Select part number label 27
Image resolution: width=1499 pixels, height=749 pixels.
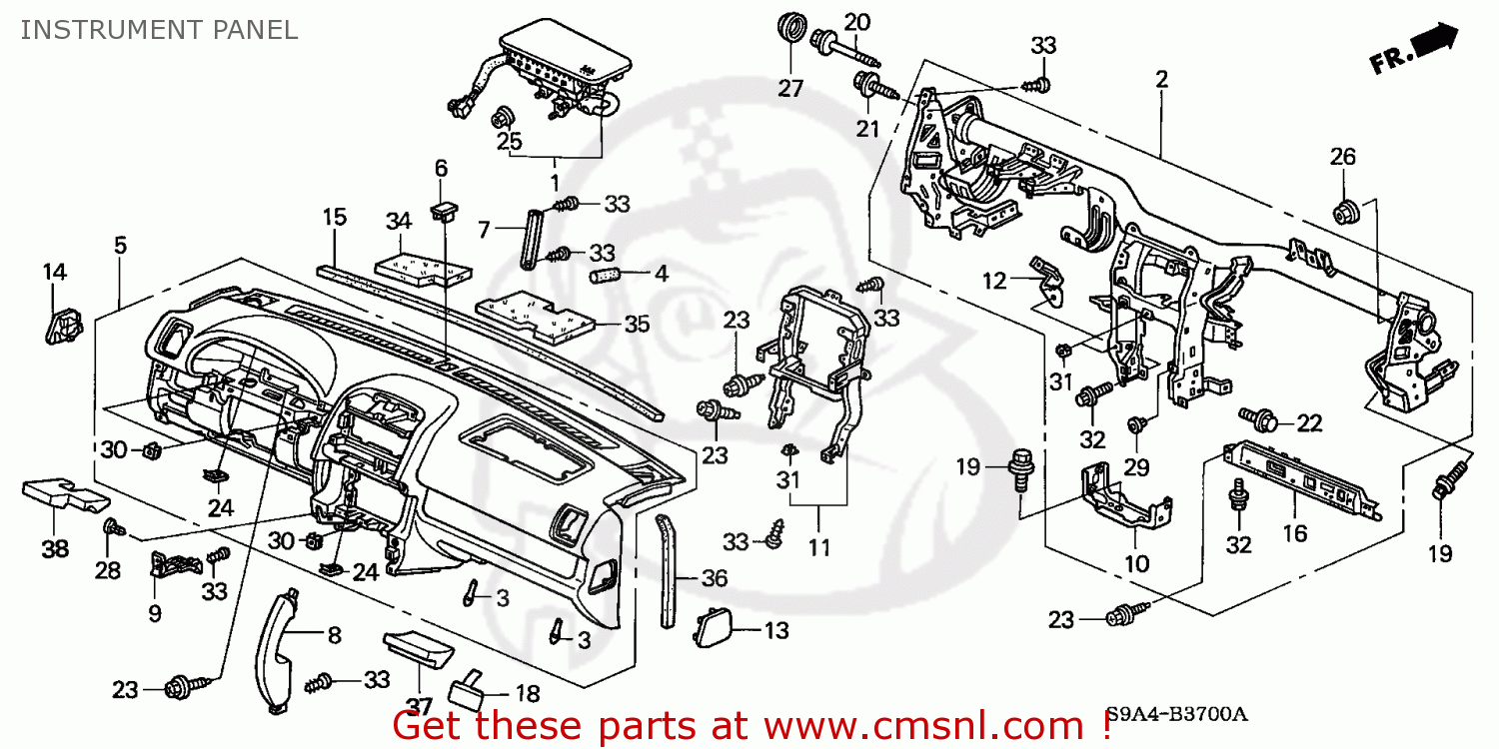790,88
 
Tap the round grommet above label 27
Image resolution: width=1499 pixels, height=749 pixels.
791,28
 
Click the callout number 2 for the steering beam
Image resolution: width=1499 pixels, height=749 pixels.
1161,81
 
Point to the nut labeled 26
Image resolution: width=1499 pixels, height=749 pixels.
1345,212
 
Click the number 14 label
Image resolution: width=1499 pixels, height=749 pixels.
54,272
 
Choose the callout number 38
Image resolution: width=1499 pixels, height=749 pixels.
55,547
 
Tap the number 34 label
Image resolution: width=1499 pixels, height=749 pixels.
399,220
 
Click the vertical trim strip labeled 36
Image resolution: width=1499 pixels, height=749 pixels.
667,569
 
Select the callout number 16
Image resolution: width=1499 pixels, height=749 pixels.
1294,534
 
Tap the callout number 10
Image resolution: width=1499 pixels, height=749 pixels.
1136,564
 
